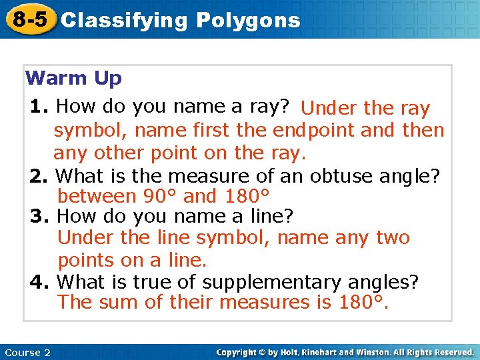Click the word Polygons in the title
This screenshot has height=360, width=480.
248,21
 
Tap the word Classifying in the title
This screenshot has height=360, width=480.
125,21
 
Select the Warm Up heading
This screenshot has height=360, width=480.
73,79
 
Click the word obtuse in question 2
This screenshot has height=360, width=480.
341,175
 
